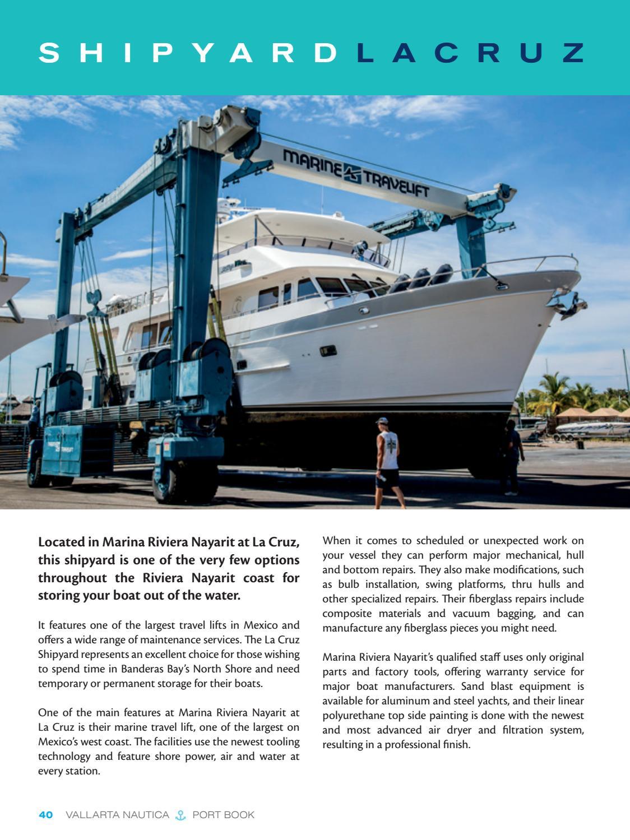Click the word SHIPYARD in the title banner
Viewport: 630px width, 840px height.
(188, 53)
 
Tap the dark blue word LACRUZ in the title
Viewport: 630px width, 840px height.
(471, 53)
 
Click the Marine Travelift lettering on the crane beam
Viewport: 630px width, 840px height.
(356, 173)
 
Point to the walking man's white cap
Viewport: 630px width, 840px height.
(382, 420)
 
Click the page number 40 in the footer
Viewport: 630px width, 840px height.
(45, 815)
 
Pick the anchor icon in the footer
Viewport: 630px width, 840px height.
(180, 815)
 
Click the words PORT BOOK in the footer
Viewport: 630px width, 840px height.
(223, 815)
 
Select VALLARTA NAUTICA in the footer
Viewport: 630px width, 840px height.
(117, 815)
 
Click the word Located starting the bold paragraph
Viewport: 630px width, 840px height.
(60, 542)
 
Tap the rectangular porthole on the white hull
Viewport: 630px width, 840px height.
(328, 351)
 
